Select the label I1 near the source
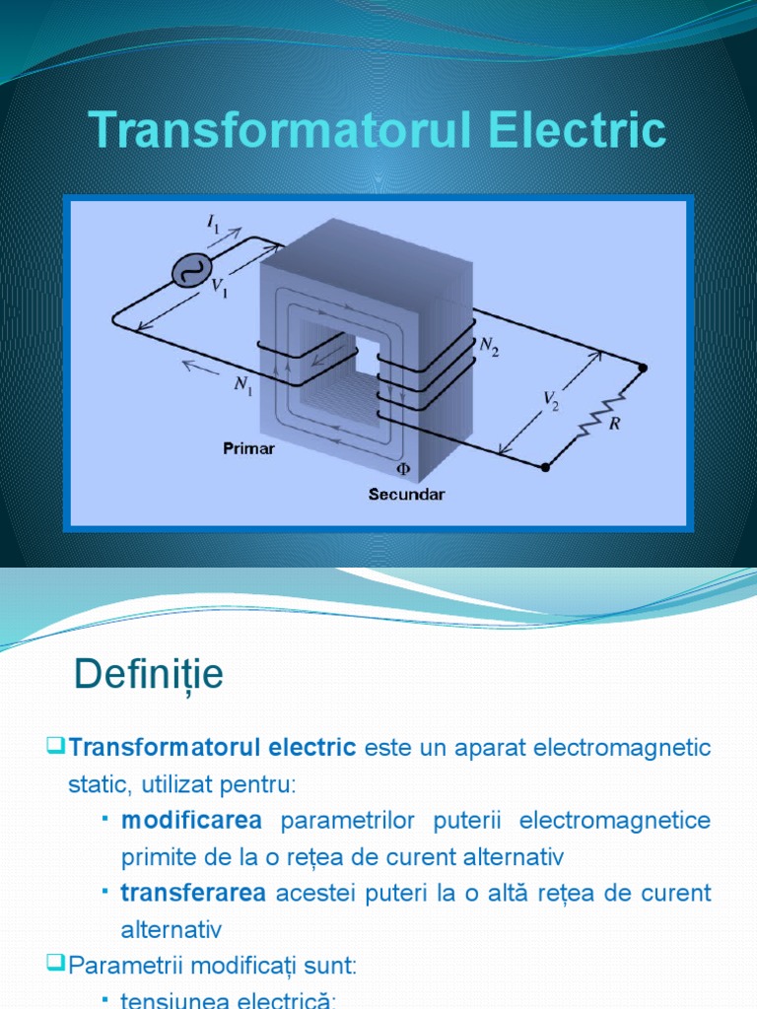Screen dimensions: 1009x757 coord(214,226)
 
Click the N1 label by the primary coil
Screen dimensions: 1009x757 coord(242,385)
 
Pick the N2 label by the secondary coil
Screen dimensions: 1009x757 coord(489,346)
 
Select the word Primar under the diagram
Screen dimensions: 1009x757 coord(248,449)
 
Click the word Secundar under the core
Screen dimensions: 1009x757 coord(406,495)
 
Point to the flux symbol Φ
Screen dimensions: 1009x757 coord(402,471)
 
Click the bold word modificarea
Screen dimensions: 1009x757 coord(191,821)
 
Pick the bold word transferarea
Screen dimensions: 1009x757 coord(194,894)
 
